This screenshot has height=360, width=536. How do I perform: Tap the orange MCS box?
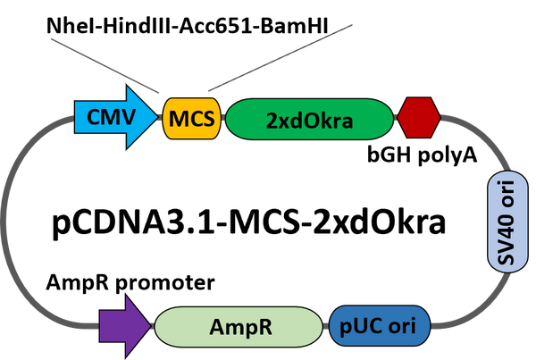191,119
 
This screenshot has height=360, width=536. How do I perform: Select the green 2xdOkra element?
309,119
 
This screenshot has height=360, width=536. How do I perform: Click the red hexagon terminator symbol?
418,119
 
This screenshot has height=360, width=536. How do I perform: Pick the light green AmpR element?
238,326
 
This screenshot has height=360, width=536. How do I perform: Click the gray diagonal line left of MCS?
103,63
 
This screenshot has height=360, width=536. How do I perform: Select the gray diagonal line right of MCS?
277,64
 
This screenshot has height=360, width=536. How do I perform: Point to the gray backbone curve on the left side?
13,223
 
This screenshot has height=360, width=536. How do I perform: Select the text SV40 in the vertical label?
505,237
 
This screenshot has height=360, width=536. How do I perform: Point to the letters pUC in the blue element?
363,326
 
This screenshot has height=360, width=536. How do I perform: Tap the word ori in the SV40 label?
505,194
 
